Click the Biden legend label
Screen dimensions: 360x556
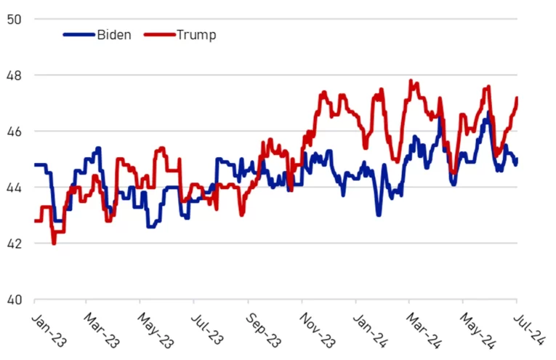pos(114,34)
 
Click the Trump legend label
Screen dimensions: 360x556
pos(196,34)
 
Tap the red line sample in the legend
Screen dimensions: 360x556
pos(160,34)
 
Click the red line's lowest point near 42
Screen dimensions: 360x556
pos(54,243)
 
